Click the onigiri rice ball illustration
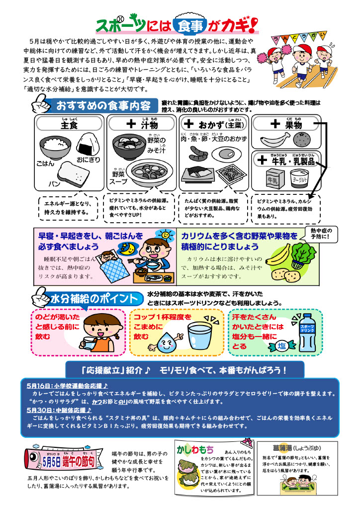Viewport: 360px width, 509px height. point(88,145)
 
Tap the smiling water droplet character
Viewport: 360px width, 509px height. point(166,341)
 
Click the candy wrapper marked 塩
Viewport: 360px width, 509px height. point(281,346)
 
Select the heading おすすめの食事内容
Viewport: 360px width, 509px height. point(103,106)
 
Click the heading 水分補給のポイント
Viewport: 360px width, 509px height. point(94,299)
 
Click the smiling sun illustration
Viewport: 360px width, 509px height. point(165,235)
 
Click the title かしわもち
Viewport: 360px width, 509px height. point(195,449)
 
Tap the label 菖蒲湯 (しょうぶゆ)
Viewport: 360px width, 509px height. point(297,448)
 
